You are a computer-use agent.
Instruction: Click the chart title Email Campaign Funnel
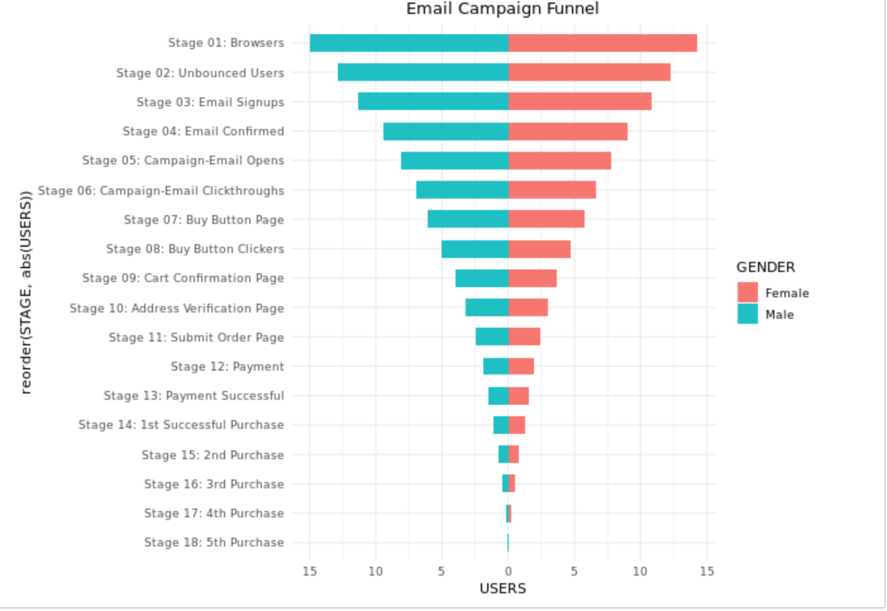coord(502,9)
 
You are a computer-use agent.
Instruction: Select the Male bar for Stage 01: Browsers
coord(409,43)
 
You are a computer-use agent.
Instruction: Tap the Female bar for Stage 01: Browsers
coord(602,43)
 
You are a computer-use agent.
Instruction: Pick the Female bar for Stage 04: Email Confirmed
coord(568,132)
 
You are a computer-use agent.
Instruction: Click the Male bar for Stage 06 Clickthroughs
coord(462,190)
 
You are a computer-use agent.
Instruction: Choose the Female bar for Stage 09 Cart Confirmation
coord(532,278)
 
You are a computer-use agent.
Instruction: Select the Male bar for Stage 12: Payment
coord(495,366)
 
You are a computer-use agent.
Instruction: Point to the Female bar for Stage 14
coord(517,425)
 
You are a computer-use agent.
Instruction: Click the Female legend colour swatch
coord(747,292)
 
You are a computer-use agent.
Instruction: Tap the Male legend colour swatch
coord(747,314)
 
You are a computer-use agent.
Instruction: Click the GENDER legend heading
coord(766,267)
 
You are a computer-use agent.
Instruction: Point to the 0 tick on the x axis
coord(508,571)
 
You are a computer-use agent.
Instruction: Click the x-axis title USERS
coord(502,589)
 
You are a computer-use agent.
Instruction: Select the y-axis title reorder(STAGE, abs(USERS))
coord(26,292)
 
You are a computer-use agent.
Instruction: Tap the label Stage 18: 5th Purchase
coord(214,542)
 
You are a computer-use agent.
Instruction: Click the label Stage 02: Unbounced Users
coord(200,73)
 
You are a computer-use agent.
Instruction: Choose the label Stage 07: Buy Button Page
coord(204,219)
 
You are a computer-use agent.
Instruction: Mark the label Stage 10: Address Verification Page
coord(177,308)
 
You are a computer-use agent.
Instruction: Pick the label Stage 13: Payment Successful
coord(194,395)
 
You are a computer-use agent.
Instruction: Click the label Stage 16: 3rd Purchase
coord(214,484)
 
